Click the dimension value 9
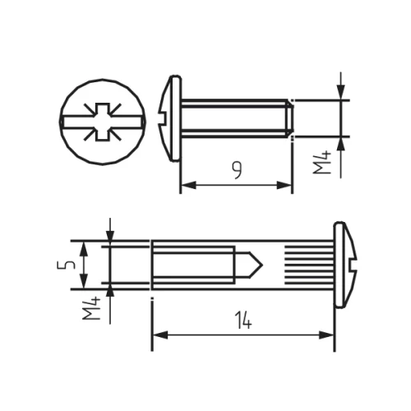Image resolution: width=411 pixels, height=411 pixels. click(237, 170)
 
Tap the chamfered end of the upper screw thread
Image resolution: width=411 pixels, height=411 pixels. click(289, 118)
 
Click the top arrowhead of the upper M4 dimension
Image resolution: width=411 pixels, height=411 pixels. click(340, 94)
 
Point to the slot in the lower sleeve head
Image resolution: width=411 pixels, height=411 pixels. click(354, 265)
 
